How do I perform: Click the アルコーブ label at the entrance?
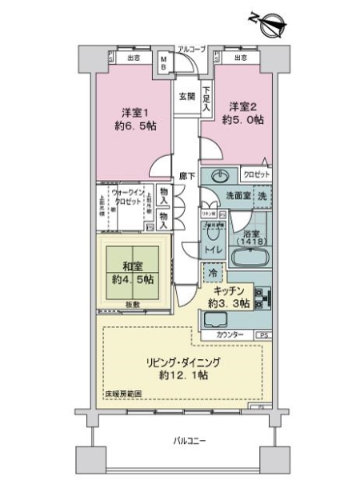click(191, 50)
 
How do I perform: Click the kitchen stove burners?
click(264, 301)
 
